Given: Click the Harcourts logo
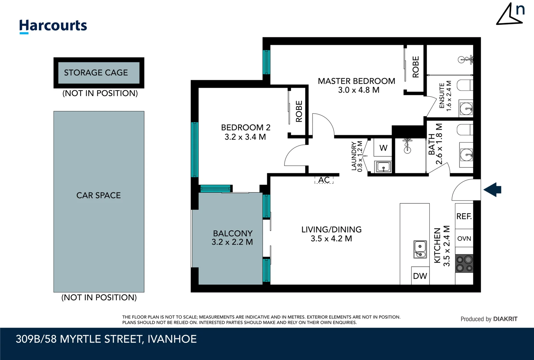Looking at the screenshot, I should coord(53,26).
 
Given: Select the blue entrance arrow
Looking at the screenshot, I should coord(492,190).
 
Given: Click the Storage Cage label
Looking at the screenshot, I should coord(96,73).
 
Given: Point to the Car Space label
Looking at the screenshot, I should coord(99,195).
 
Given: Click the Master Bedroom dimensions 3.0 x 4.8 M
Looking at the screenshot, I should coord(358,90).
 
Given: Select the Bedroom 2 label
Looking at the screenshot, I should coord(246,127).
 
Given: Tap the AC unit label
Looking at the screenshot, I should coord(324,180).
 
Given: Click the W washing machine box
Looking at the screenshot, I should coord(383,148).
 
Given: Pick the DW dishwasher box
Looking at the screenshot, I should coord(420,276).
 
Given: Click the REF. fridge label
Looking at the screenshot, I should coord(464,216).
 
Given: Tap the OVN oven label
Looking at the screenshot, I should coord(464,238).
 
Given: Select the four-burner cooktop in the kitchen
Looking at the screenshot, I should coord(464,264).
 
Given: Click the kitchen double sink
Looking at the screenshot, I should coord(420,249).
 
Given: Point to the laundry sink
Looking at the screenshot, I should coord(383,167).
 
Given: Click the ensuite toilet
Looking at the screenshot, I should coord(465,85).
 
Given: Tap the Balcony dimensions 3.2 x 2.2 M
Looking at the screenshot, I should coord(232,242).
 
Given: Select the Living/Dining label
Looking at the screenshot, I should coord(331,229).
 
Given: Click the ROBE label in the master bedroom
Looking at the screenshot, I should coord(416,67).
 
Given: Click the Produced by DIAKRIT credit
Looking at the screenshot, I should coord(489,319).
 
